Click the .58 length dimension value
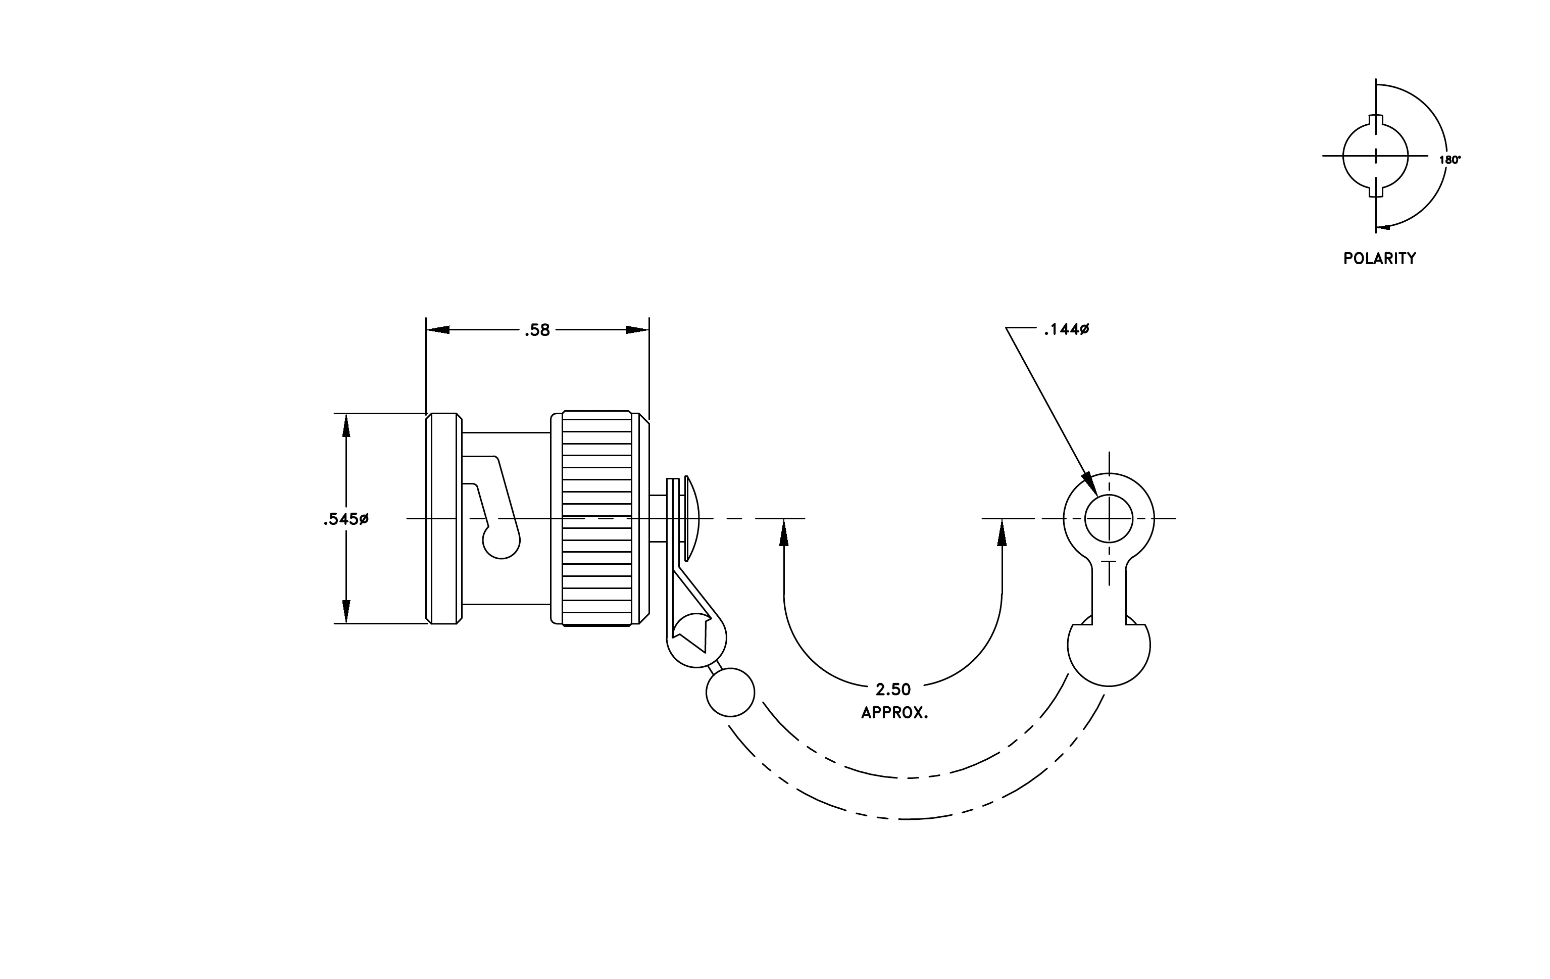pos(537,330)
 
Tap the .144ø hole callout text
pos(1067,329)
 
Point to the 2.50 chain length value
pos(893,690)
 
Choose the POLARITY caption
pos(1379,258)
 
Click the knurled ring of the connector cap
pos(596,518)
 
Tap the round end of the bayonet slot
pos(502,541)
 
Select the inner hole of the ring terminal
pos(1109,519)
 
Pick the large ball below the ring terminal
pos(1109,646)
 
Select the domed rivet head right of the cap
pos(692,518)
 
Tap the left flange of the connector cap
pos(444,518)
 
